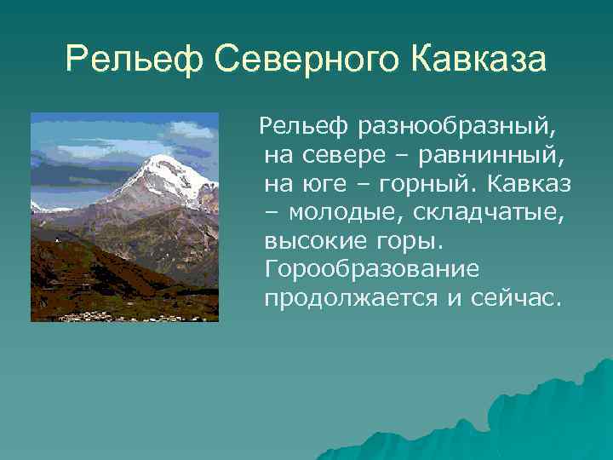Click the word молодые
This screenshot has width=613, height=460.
(x=337, y=213)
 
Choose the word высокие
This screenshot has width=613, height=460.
(x=313, y=241)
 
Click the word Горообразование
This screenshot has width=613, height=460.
(x=372, y=270)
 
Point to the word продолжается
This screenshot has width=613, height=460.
(x=346, y=299)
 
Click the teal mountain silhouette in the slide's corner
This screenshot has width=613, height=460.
(x=553, y=417)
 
